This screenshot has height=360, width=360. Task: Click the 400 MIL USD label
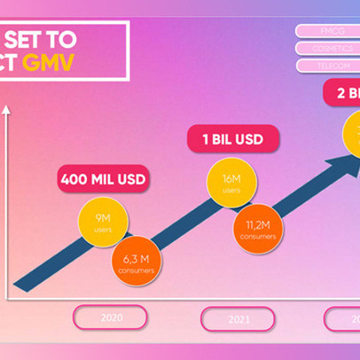pyautogui.click(x=103, y=179)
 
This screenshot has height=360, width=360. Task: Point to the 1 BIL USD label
pyautogui.click(x=232, y=139)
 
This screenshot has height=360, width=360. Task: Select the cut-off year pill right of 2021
pyautogui.click(x=343, y=318)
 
